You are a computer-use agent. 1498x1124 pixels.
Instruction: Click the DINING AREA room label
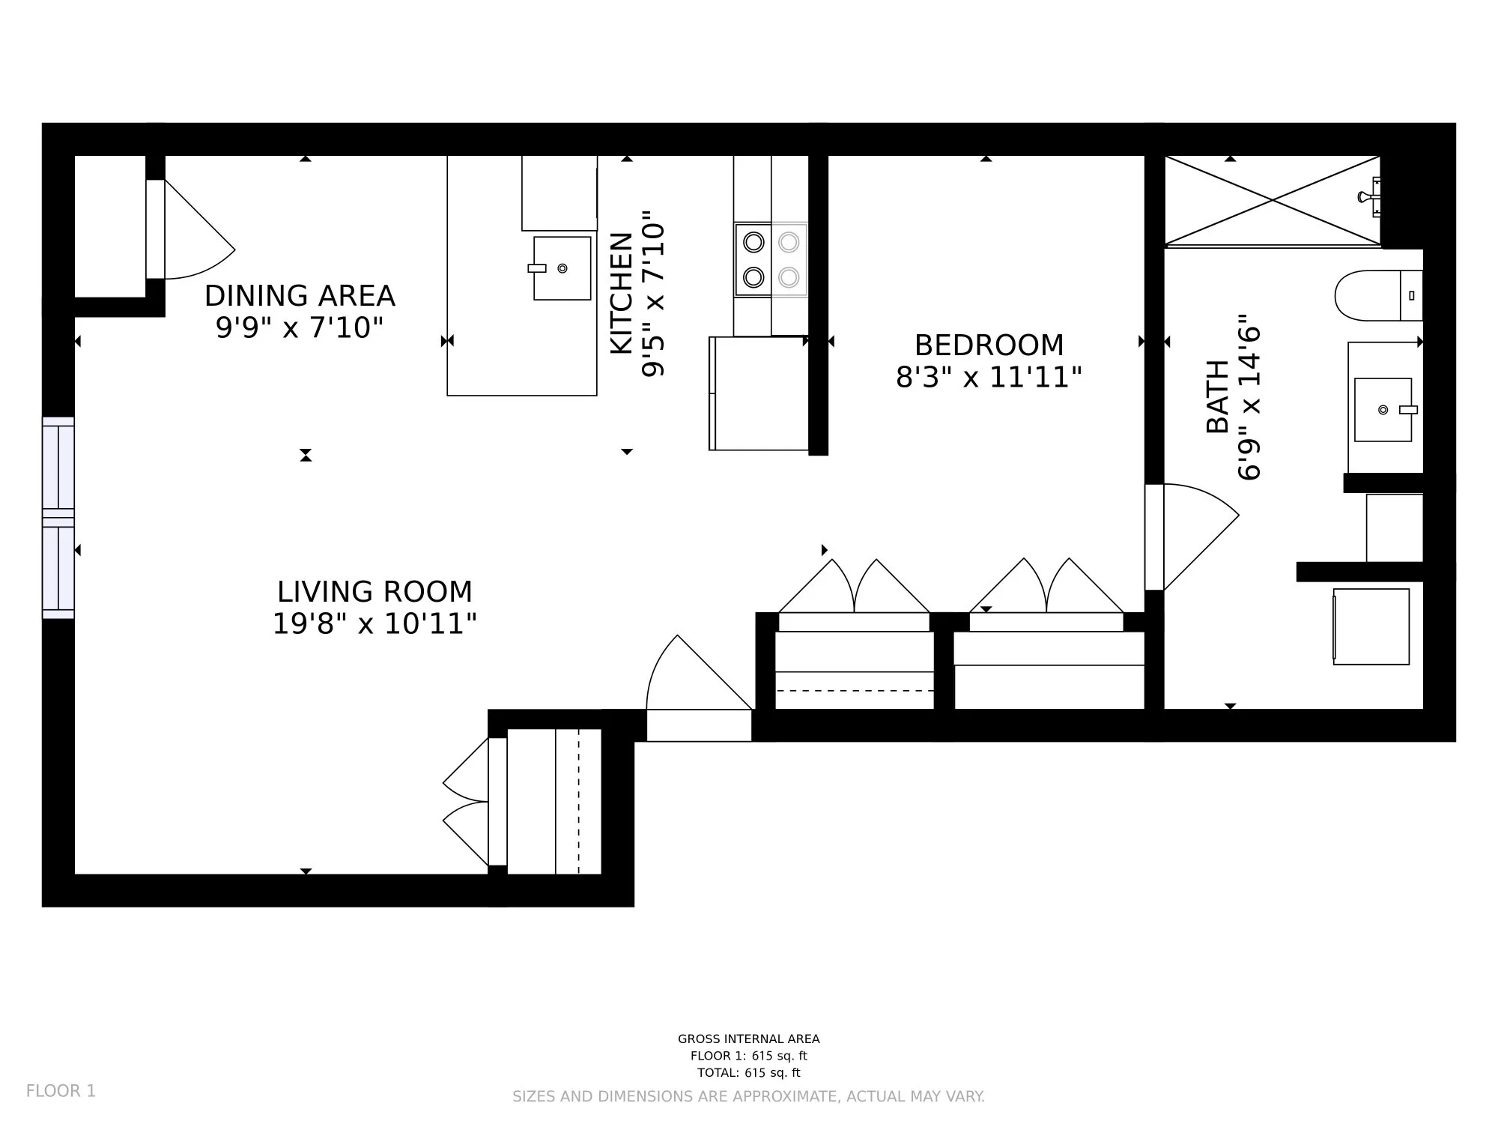click(x=300, y=296)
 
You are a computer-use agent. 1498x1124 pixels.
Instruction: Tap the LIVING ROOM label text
click(x=374, y=592)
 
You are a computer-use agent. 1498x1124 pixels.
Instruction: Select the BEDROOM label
click(x=989, y=345)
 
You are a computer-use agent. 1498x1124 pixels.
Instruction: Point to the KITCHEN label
click(x=622, y=293)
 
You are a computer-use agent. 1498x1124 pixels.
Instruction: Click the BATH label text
click(x=1218, y=396)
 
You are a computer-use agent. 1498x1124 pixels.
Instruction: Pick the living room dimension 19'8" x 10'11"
click(x=374, y=623)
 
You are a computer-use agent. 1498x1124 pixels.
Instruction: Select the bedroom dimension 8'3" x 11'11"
click(x=989, y=377)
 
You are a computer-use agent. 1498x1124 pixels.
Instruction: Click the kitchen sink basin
click(x=562, y=268)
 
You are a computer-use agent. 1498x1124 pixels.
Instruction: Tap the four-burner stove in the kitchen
click(x=771, y=260)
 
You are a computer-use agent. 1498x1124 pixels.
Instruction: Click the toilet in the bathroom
click(x=1378, y=296)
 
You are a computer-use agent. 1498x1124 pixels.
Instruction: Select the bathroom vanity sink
click(x=1383, y=409)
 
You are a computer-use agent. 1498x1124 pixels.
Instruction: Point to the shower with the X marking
click(x=1273, y=200)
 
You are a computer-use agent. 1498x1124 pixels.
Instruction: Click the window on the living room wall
click(x=58, y=518)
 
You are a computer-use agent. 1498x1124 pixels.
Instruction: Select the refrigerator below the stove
click(x=759, y=393)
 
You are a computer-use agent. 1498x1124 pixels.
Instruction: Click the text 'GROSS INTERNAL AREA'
click(x=749, y=1039)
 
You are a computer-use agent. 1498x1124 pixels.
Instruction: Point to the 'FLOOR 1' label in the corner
click(x=61, y=1091)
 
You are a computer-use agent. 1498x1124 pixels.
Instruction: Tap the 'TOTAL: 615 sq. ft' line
click(x=749, y=1072)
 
